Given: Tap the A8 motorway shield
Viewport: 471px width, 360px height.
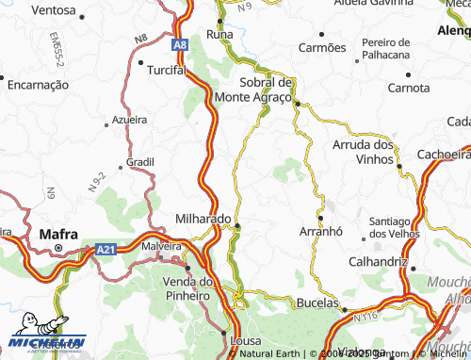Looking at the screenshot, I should [180, 44].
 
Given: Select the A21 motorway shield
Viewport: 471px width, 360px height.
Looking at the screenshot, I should [106, 250].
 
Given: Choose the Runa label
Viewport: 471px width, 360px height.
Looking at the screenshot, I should [219, 34].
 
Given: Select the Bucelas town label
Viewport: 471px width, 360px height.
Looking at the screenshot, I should [317, 303].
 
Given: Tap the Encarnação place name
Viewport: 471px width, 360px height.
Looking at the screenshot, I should [39, 84].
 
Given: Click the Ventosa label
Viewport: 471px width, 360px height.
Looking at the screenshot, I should [54, 10].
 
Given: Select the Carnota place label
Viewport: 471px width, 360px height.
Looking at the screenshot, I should [408, 88].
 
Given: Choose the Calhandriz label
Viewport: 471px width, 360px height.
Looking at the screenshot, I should [377, 261].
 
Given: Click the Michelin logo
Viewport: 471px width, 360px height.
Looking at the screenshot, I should [45, 340].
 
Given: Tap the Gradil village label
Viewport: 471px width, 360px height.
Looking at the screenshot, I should [139, 161].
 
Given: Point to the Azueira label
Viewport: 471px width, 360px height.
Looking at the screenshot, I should [129, 120].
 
